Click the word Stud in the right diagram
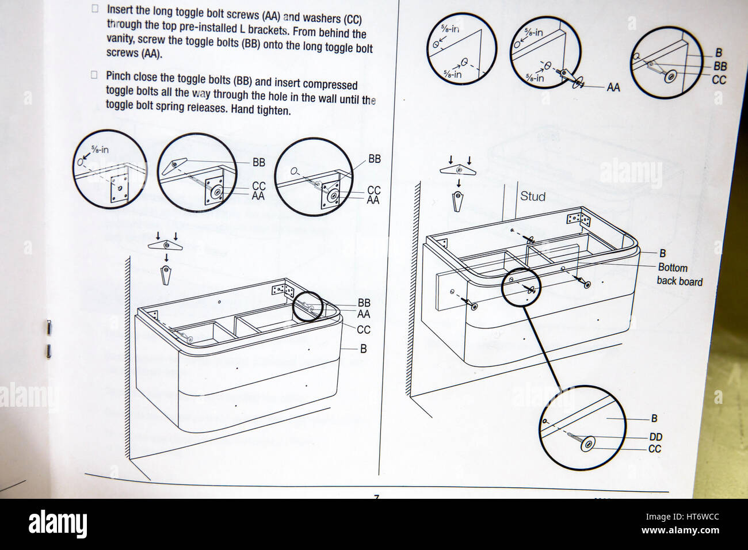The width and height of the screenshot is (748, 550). (533, 196)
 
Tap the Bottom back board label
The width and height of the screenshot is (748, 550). (680, 274)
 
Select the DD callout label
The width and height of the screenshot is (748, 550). (655, 437)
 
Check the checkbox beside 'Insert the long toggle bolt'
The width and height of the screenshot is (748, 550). (95, 9)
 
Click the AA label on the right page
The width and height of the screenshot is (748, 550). (613, 87)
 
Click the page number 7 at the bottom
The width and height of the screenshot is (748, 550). (377, 496)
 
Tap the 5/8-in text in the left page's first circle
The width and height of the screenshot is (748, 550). (98, 150)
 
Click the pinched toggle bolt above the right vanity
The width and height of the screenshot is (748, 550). (458, 201)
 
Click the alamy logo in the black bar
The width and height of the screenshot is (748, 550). (58, 524)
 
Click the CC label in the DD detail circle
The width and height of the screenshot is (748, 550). (655, 449)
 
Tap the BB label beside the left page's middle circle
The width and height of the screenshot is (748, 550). (259, 162)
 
